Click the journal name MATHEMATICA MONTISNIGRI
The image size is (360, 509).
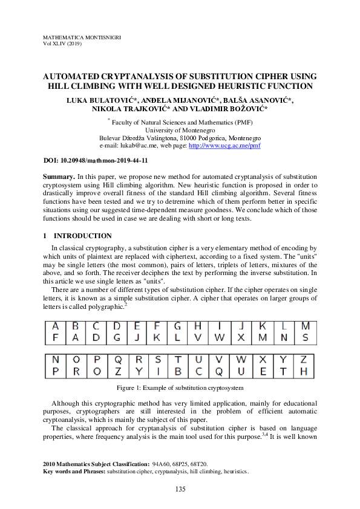tap(82, 37)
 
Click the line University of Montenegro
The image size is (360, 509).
tap(180, 129)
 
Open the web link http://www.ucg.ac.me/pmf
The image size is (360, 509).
tap(232, 146)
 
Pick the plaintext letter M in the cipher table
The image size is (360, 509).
tap(306, 326)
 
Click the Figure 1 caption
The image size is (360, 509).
tap(180, 387)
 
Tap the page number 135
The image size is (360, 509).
tap(180, 488)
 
